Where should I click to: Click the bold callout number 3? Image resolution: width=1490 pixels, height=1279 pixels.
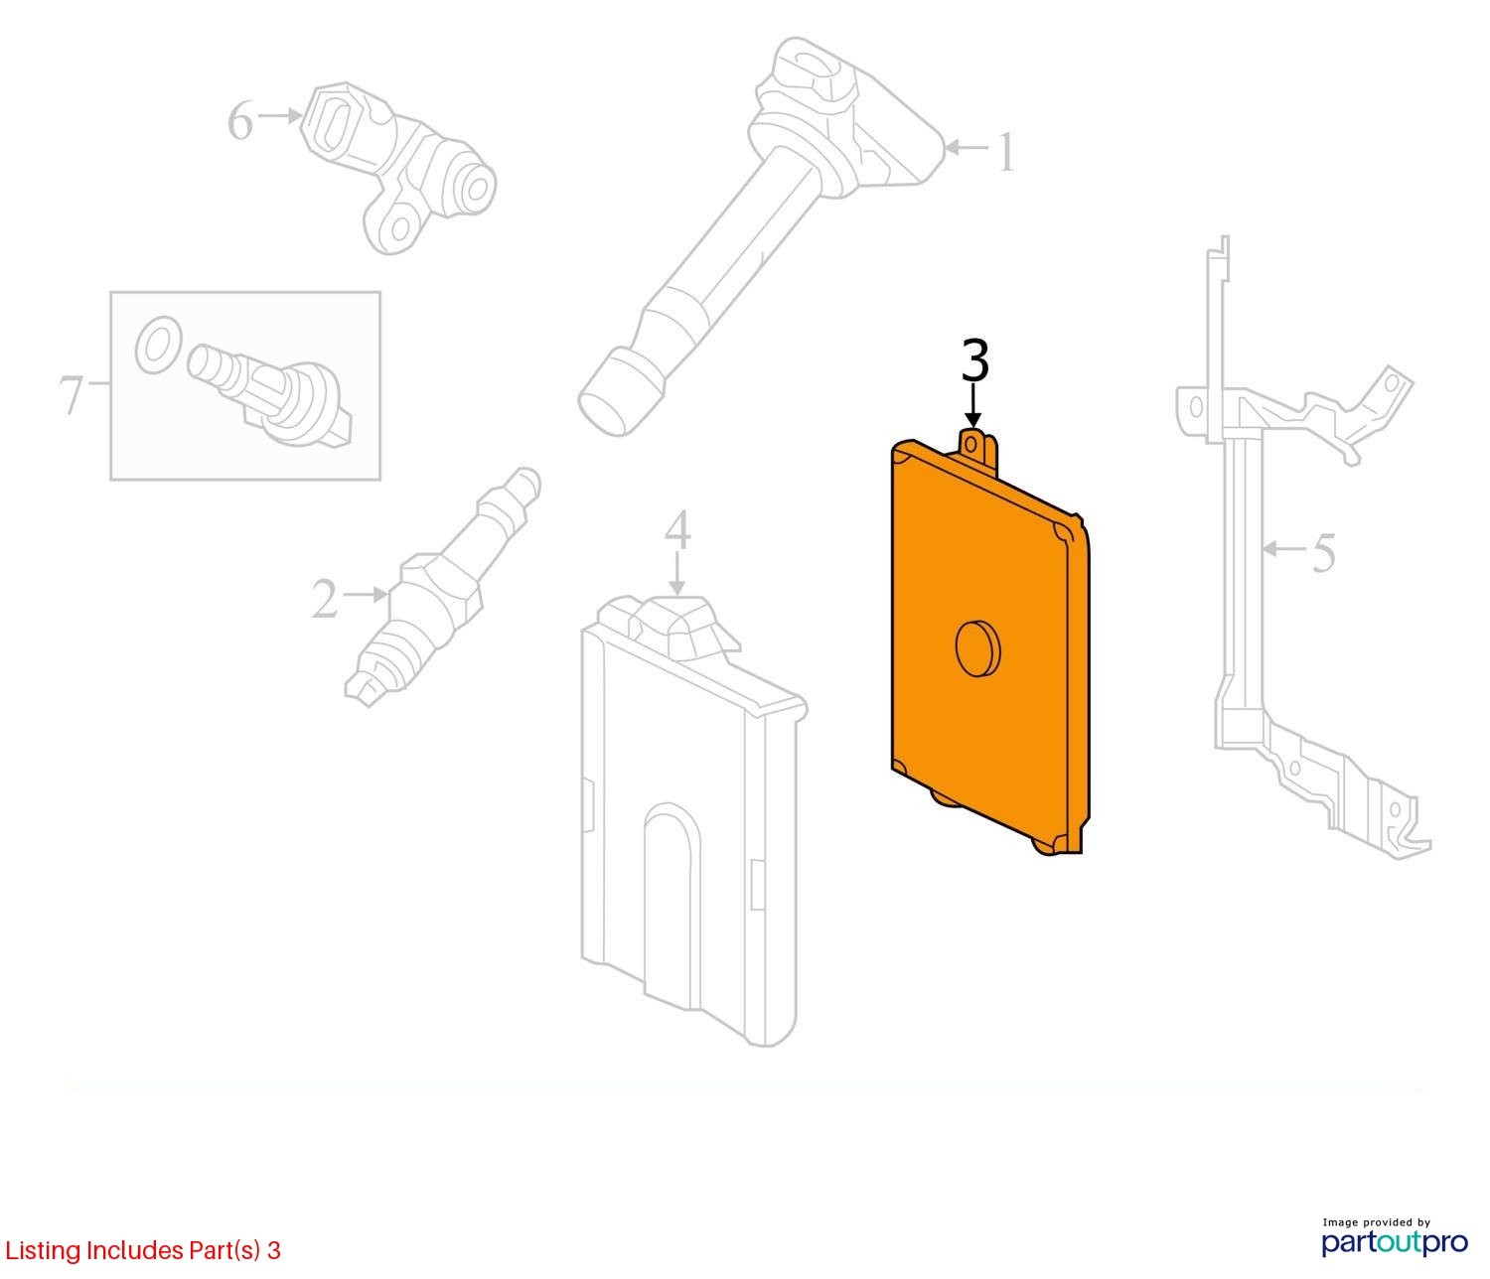pyautogui.click(x=974, y=361)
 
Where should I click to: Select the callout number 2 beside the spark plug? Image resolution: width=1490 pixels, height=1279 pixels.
pyautogui.click(x=325, y=599)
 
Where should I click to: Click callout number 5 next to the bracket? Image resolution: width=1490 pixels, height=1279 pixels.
pyautogui.click(x=1323, y=553)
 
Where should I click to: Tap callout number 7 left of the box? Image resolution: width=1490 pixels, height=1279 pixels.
pyautogui.click(x=71, y=394)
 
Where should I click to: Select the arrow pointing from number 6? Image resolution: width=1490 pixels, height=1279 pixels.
pyautogui.click(x=279, y=115)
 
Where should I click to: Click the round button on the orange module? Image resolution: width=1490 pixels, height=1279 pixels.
pyautogui.click(x=977, y=647)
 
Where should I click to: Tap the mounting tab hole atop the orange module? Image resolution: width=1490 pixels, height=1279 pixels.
pyautogui.click(x=971, y=445)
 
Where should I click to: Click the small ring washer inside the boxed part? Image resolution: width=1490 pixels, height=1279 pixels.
pyautogui.click(x=158, y=346)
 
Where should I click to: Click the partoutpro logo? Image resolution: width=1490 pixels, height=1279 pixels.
pyautogui.click(x=1394, y=1242)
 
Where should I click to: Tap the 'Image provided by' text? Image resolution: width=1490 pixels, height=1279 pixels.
pyautogui.click(x=1376, y=1222)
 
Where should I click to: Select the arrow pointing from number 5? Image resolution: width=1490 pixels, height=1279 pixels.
pyautogui.click(x=1285, y=549)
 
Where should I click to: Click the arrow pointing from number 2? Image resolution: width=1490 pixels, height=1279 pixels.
pyautogui.click(x=367, y=595)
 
